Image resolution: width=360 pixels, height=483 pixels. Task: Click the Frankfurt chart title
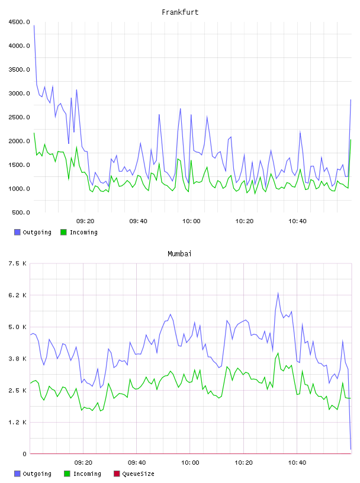(180, 12)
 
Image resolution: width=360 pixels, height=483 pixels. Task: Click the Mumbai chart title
(179, 254)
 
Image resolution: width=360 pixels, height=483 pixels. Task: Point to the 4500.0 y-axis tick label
(19, 22)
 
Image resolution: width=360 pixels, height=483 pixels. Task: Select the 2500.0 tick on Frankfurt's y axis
(19, 117)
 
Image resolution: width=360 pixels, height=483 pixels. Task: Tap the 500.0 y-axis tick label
(21, 212)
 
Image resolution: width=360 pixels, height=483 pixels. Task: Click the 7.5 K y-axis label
(17, 263)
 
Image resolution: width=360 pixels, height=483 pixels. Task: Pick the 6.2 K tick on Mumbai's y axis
(17, 295)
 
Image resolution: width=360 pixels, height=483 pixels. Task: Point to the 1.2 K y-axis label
(17, 422)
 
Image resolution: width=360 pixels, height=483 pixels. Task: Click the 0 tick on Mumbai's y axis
(24, 454)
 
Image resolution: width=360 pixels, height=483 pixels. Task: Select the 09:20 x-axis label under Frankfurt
(85, 221)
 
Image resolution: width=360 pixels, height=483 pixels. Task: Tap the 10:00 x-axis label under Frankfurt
(191, 221)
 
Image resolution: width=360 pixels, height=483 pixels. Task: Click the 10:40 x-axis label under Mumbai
(297, 462)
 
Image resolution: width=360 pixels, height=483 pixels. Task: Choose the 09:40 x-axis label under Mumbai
(137, 462)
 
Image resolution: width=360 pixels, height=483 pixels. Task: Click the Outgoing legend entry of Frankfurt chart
(33, 232)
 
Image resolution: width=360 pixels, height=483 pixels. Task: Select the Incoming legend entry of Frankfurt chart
(79, 232)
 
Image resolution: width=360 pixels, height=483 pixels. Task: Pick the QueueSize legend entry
(134, 474)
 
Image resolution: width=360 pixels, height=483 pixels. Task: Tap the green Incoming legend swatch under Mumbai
(67, 474)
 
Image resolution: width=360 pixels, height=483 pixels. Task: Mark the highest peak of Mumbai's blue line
(278, 293)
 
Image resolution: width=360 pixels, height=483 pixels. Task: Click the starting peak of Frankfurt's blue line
(34, 25)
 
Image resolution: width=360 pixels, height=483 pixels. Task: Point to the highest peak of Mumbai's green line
(278, 353)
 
